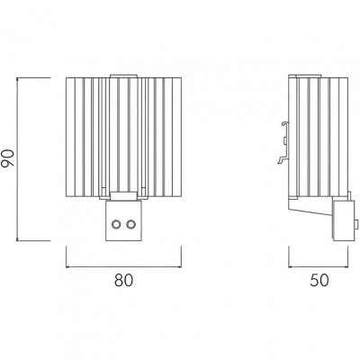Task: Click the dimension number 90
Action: coord(7,158)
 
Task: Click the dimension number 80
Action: coord(123,281)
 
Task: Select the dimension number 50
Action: coord(319,281)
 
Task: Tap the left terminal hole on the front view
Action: coord(116,224)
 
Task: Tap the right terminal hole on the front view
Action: coord(130,224)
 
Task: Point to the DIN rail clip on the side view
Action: coord(283,143)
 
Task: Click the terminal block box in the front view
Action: coord(123,220)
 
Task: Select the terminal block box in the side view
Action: coord(343,220)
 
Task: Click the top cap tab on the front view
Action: coord(123,76)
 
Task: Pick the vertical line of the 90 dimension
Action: coord(17,159)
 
